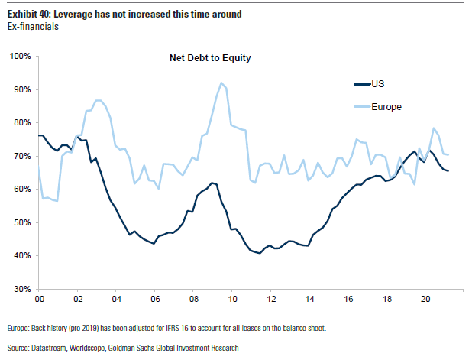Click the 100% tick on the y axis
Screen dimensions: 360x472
tap(19, 57)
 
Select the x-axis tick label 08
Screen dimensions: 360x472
tap(195, 300)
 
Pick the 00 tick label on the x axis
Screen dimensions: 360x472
tap(38, 300)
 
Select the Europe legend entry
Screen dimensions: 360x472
tap(387, 106)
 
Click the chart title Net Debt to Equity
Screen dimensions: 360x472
tap(210, 57)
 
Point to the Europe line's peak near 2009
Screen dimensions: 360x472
tap(221, 83)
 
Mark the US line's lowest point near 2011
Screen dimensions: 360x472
tap(260, 253)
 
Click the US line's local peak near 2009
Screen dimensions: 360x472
tap(212, 183)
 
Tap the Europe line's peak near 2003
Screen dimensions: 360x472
tap(99, 100)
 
